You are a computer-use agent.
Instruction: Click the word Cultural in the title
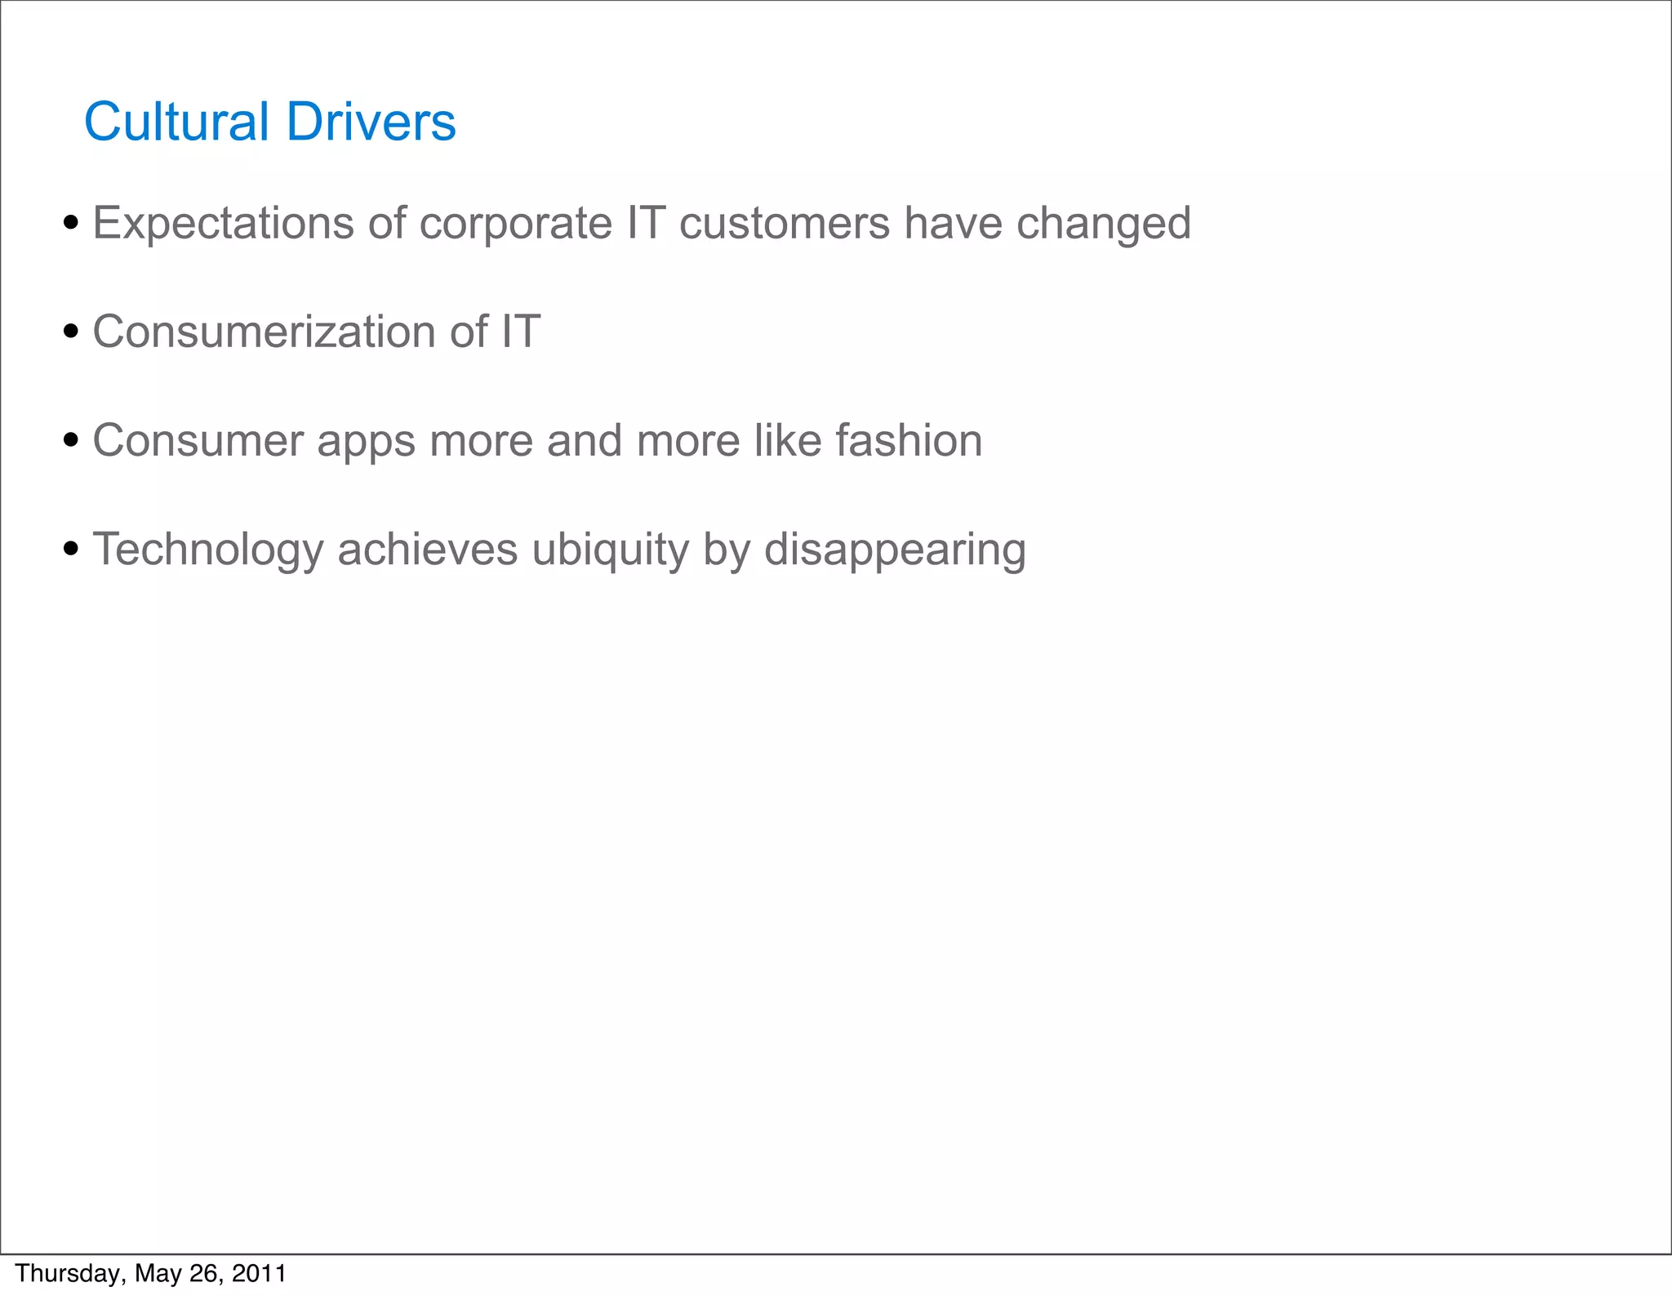click(x=176, y=122)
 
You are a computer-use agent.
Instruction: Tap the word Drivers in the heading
click(x=371, y=122)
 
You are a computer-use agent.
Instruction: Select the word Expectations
click(x=223, y=223)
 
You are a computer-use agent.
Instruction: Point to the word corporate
click(x=515, y=223)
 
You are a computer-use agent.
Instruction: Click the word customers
click(x=784, y=223)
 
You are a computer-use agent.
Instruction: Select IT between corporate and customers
click(x=645, y=223)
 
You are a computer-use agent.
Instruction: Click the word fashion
click(x=908, y=440)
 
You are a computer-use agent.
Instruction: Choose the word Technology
click(x=207, y=550)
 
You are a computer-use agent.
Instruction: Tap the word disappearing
click(x=895, y=550)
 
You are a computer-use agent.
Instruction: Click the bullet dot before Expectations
click(x=71, y=223)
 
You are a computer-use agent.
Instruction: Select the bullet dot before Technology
click(x=71, y=549)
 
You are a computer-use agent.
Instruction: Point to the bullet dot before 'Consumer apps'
click(x=71, y=440)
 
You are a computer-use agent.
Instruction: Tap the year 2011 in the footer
click(x=259, y=1273)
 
